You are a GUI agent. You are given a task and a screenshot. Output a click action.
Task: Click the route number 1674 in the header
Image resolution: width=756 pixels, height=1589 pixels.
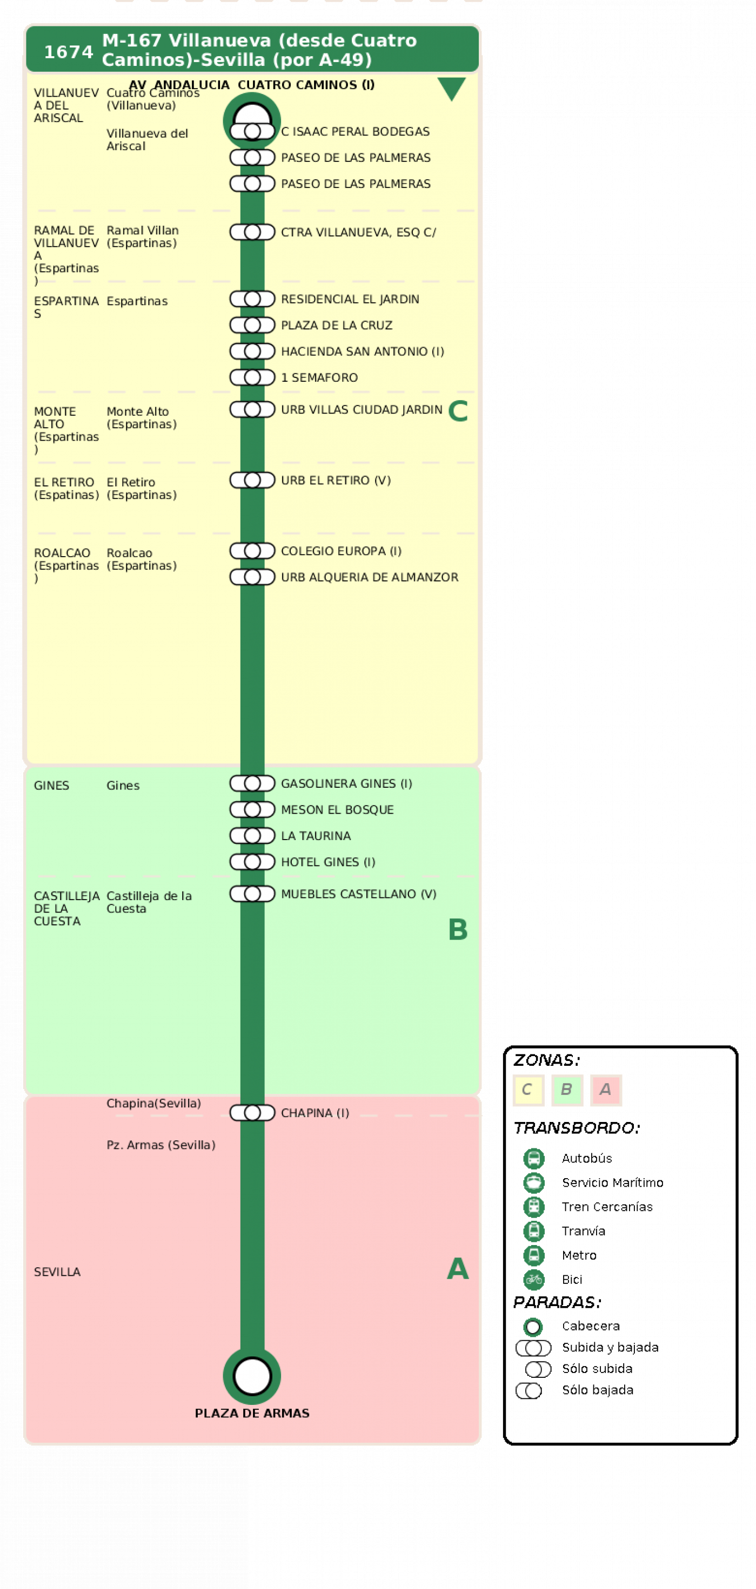point(68,52)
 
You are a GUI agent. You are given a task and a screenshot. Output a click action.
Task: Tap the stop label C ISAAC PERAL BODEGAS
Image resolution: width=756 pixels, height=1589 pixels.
point(355,131)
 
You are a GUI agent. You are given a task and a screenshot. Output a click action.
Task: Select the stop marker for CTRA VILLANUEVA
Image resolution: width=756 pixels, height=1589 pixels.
point(252,232)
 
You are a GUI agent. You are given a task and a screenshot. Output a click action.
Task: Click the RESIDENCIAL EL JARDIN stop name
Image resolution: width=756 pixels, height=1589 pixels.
point(350,299)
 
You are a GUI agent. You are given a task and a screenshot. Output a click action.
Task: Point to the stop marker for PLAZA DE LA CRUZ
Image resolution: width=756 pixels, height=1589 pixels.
point(252,325)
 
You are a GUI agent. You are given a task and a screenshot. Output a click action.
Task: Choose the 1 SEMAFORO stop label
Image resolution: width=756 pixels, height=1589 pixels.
point(319,377)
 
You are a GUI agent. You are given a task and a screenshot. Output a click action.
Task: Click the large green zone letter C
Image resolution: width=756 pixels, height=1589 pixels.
point(458,411)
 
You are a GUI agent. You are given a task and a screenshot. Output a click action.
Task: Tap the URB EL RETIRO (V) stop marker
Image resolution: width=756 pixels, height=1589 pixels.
point(252,480)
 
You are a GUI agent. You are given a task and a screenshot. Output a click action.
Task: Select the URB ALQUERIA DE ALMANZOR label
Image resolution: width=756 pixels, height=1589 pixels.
point(370,577)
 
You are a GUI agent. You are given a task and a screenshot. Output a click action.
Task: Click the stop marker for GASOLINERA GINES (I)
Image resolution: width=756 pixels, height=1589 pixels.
point(252,783)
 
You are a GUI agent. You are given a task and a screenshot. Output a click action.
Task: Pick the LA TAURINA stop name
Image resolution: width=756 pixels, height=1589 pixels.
point(316,836)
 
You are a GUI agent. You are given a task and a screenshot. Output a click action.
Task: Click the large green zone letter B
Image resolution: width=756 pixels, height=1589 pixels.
point(458,930)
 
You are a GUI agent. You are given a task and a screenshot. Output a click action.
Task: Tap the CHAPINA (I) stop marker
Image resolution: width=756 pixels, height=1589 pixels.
point(252,1113)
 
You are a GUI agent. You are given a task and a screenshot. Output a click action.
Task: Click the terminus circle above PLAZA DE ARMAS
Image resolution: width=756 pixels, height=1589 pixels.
point(252,1376)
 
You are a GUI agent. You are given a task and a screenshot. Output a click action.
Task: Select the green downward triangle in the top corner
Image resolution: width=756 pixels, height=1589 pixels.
point(451,88)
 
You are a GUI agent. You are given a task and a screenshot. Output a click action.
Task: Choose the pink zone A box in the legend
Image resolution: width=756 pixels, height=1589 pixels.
point(605,1090)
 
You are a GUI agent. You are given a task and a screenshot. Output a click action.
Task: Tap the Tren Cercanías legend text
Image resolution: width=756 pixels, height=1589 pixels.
point(607,1207)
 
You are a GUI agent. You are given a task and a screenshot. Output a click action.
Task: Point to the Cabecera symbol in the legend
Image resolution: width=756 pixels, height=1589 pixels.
point(533,1326)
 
